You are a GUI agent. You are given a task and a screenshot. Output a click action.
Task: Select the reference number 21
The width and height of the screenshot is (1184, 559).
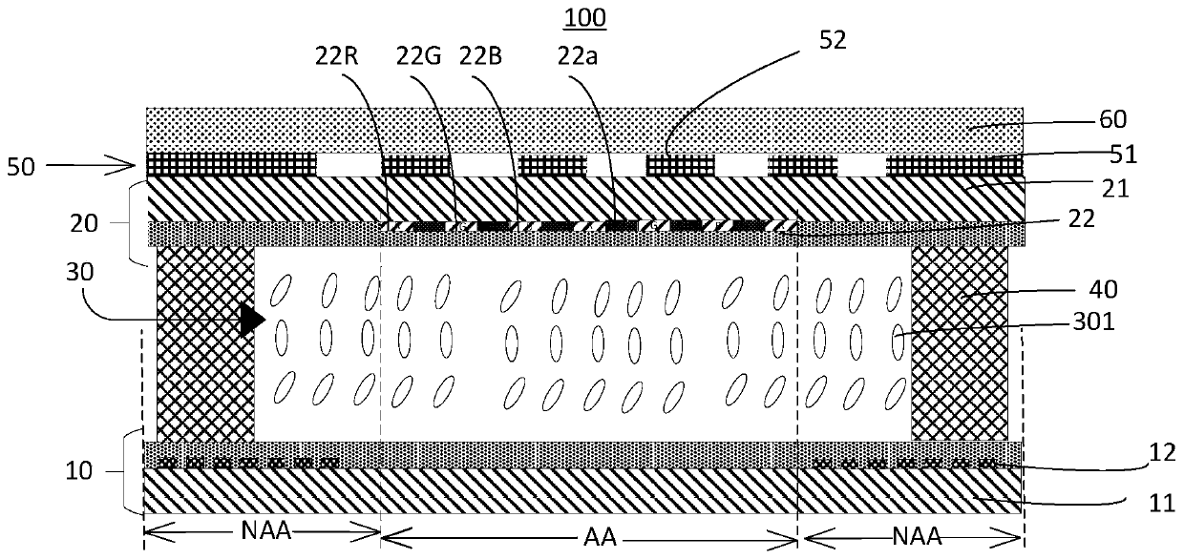1112,189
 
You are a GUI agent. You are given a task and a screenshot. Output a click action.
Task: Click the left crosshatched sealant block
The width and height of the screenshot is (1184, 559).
205,343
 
